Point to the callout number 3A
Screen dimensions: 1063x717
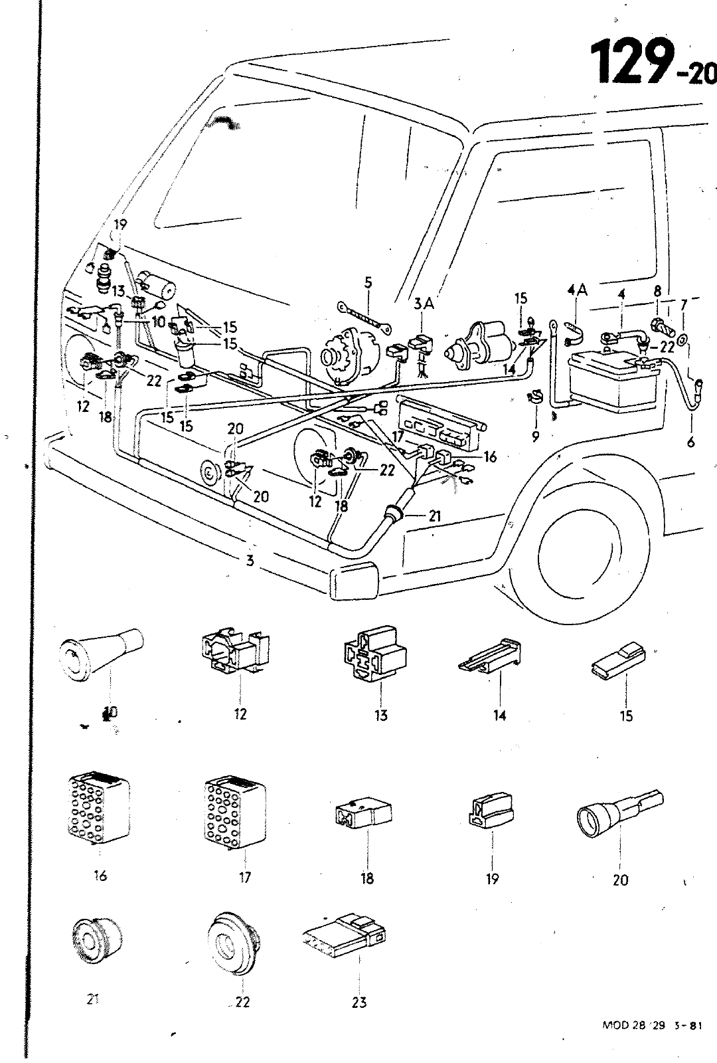coord(424,304)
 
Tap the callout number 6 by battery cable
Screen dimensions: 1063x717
coord(691,442)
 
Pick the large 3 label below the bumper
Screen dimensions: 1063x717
coord(250,560)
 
